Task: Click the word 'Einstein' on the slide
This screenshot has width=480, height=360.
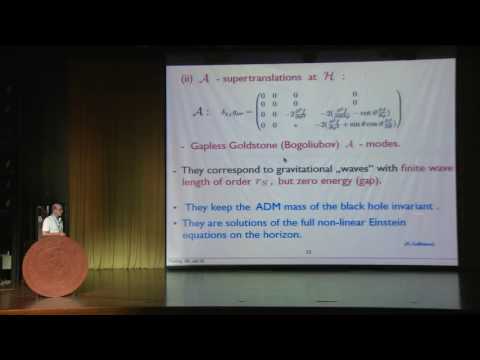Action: pos(396,221)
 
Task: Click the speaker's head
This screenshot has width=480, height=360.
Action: pos(56,209)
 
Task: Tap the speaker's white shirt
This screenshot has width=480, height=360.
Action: pos(52,226)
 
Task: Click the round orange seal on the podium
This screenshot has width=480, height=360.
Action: pos(55,266)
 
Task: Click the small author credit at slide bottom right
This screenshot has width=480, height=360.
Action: pos(417,245)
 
